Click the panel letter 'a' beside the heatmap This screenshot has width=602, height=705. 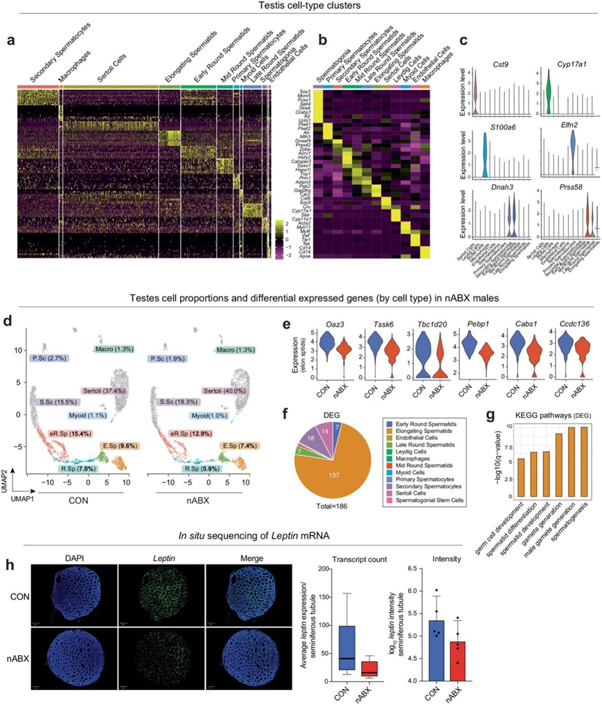11,41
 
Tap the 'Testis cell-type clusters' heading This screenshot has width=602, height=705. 301,6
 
